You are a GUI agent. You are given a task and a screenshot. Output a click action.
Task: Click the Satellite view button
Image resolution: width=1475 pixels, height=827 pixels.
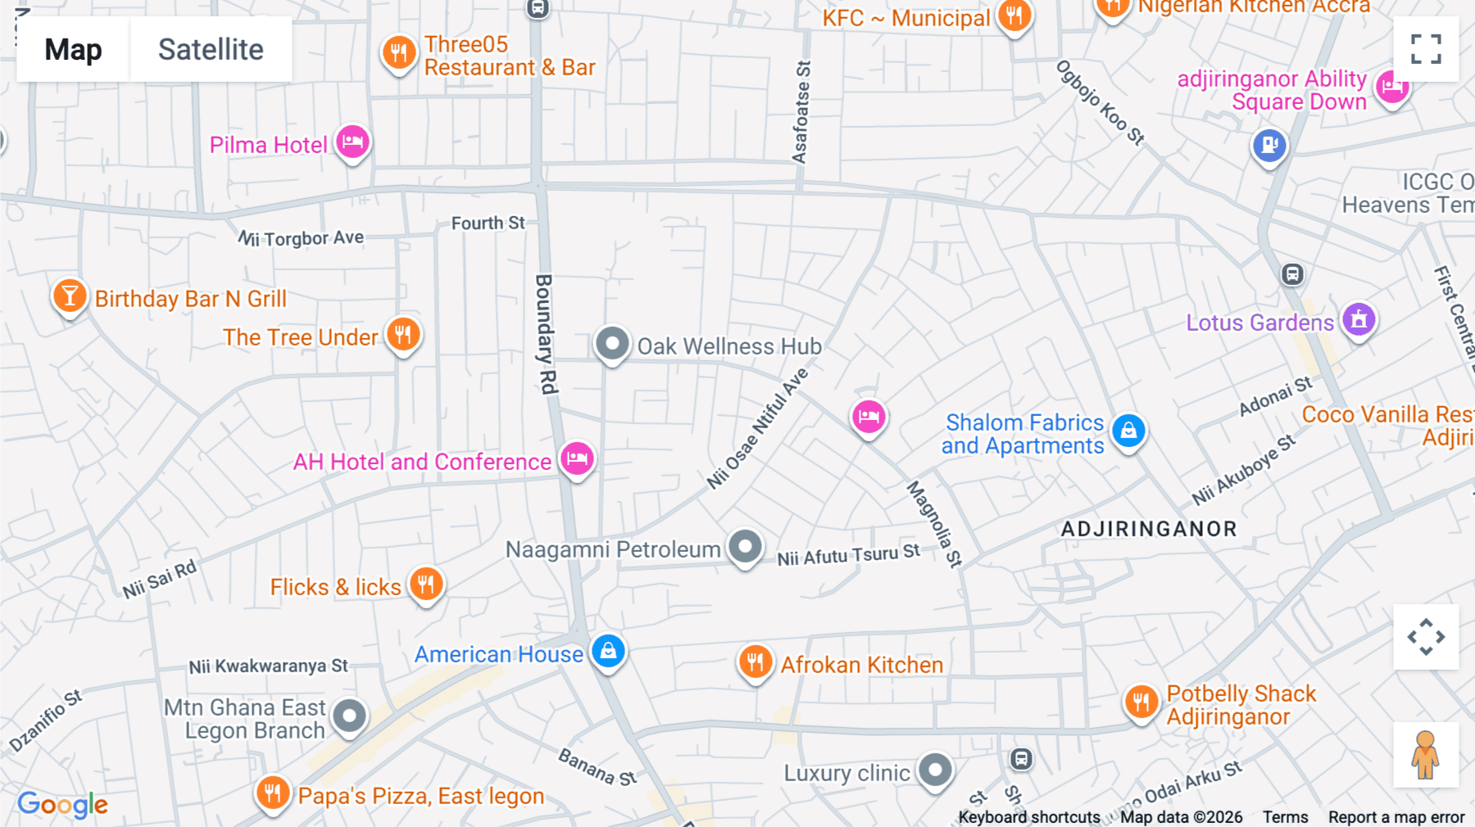tap(211, 49)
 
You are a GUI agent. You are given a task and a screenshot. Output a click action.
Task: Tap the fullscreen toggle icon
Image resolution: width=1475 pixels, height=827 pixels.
tap(1426, 49)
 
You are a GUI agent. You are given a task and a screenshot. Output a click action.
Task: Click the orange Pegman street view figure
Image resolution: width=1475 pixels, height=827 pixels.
tap(1425, 755)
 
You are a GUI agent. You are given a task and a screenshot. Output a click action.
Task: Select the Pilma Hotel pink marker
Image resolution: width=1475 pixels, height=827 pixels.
tap(353, 142)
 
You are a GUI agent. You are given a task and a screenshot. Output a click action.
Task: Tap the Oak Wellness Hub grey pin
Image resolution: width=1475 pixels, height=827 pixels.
tap(612, 344)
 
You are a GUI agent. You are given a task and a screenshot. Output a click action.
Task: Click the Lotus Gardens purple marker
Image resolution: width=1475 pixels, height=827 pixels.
tap(1359, 320)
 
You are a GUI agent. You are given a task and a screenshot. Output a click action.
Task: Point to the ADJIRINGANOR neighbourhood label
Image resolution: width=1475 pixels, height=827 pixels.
tap(1149, 529)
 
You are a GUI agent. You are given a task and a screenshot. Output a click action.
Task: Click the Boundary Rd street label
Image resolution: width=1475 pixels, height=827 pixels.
tap(546, 334)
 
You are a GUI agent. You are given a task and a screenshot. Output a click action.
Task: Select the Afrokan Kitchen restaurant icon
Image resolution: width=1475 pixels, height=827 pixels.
tap(756, 662)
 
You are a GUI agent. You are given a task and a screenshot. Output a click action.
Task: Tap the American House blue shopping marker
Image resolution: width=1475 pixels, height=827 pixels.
tap(608, 652)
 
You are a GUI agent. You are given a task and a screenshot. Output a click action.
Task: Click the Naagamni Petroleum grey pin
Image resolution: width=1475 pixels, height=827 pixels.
tap(745, 546)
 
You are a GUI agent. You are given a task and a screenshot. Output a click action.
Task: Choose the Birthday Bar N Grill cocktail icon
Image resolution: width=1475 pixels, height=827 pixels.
tap(70, 296)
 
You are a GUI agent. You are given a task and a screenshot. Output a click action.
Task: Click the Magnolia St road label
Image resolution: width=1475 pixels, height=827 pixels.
tap(934, 524)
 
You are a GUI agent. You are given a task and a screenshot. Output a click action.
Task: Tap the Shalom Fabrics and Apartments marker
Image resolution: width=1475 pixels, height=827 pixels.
tap(1128, 430)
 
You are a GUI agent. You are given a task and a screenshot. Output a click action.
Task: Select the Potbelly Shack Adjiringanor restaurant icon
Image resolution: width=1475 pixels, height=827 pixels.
tap(1141, 702)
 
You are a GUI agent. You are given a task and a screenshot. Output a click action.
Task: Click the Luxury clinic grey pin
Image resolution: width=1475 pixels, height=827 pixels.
tap(935, 770)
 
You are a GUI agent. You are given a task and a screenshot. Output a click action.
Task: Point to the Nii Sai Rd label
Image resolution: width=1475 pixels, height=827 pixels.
tap(160, 579)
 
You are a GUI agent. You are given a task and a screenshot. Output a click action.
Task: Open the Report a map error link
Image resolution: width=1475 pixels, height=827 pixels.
tap(1396, 817)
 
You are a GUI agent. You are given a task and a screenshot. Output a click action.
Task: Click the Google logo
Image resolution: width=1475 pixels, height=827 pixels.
tap(62, 804)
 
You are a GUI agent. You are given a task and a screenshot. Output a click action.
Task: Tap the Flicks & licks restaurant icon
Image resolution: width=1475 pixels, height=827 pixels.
tap(426, 585)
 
